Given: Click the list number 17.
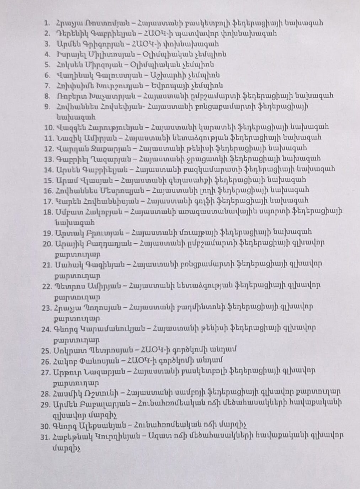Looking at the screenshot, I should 48,201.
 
